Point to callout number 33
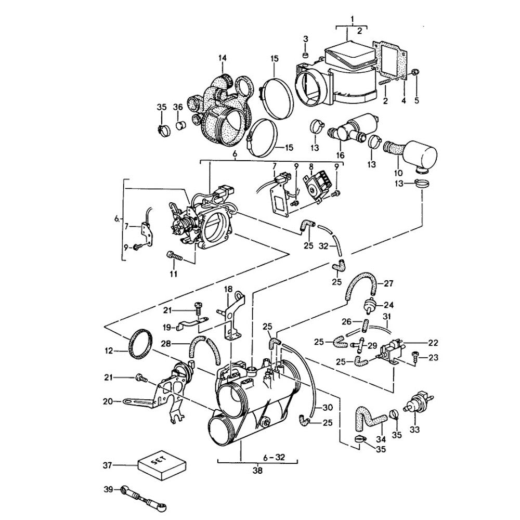click(414, 430)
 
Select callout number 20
click(108, 401)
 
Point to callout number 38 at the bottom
click(257, 471)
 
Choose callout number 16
click(341, 155)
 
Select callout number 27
click(388, 284)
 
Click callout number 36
click(178, 107)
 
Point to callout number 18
click(227, 289)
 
